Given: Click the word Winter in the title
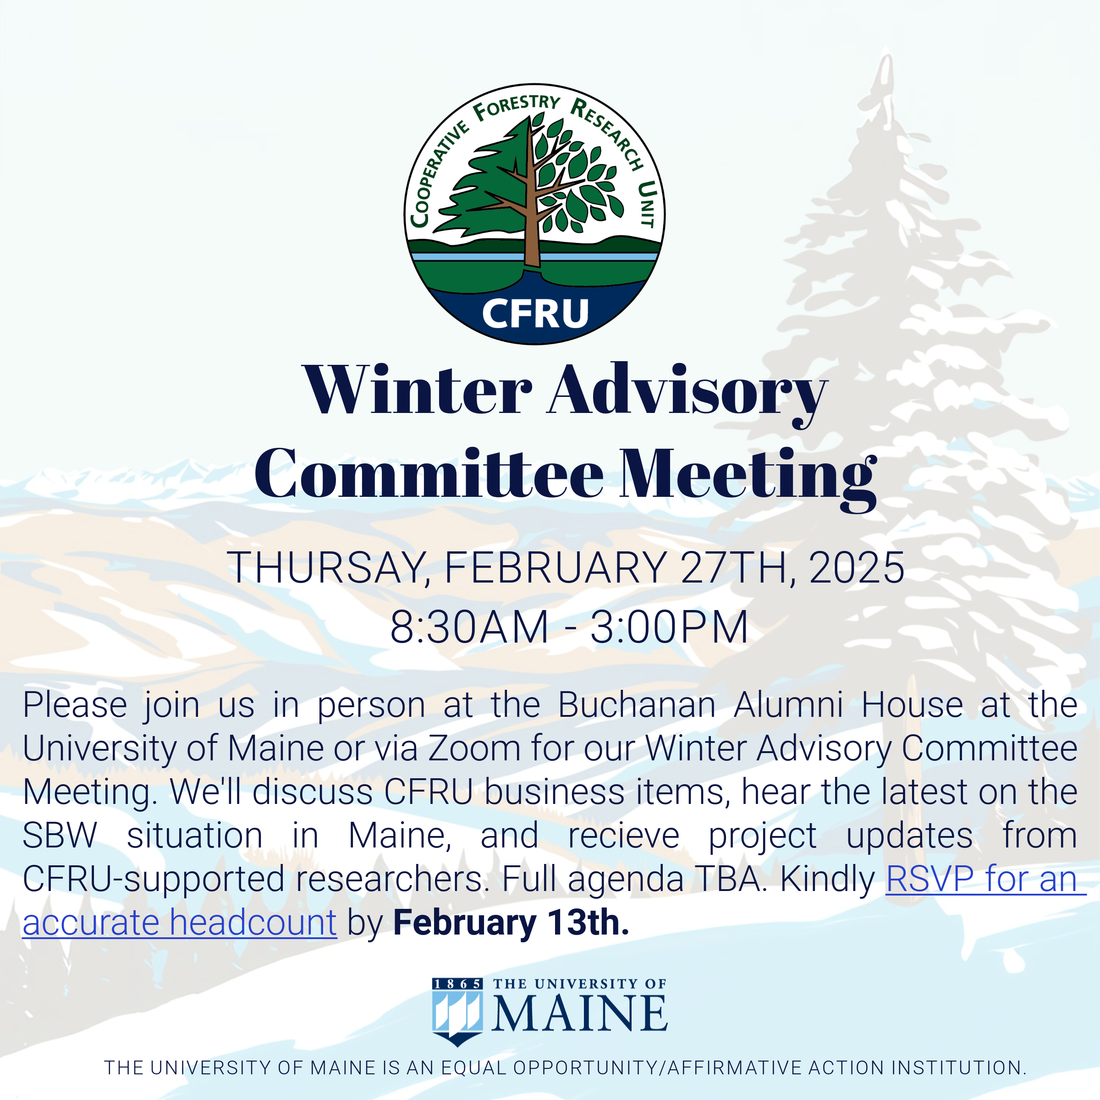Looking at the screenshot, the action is pyautogui.click(x=417, y=390).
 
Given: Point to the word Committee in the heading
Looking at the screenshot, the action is pyautogui.click(x=428, y=474).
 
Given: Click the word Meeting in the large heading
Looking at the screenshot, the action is pyautogui.click(x=748, y=478).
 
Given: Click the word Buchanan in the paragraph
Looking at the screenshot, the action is pyautogui.click(x=637, y=704).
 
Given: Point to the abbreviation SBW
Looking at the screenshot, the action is pyautogui.click(x=60, y=836).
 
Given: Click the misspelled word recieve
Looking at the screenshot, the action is pyautogui.click(x=623, y=836).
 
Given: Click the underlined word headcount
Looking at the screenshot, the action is pyautogui.click(x=253, y=923).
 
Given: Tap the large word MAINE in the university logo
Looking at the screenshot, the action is pyautogui.click(x=579, y=1014).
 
